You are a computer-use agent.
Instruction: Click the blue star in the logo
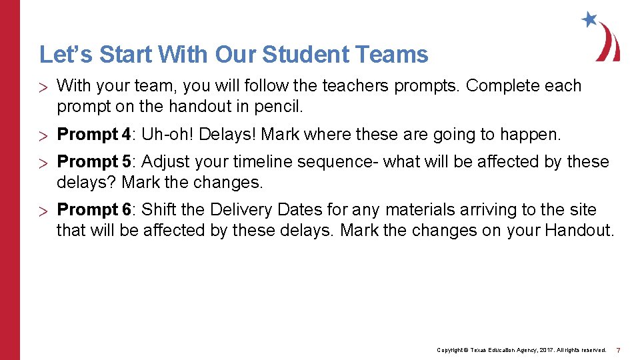click(x=589, y=19)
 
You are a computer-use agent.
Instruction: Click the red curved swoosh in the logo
click(x=609, y=42)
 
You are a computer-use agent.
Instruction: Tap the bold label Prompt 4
click(x=93, y=135)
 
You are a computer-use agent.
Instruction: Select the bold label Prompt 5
click(x=93, y=162)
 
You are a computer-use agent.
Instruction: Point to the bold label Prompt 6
click(x=93, y=210)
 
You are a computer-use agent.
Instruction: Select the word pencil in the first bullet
click(x=280, y=105)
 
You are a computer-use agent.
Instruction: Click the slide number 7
click(x=619, y=350)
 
